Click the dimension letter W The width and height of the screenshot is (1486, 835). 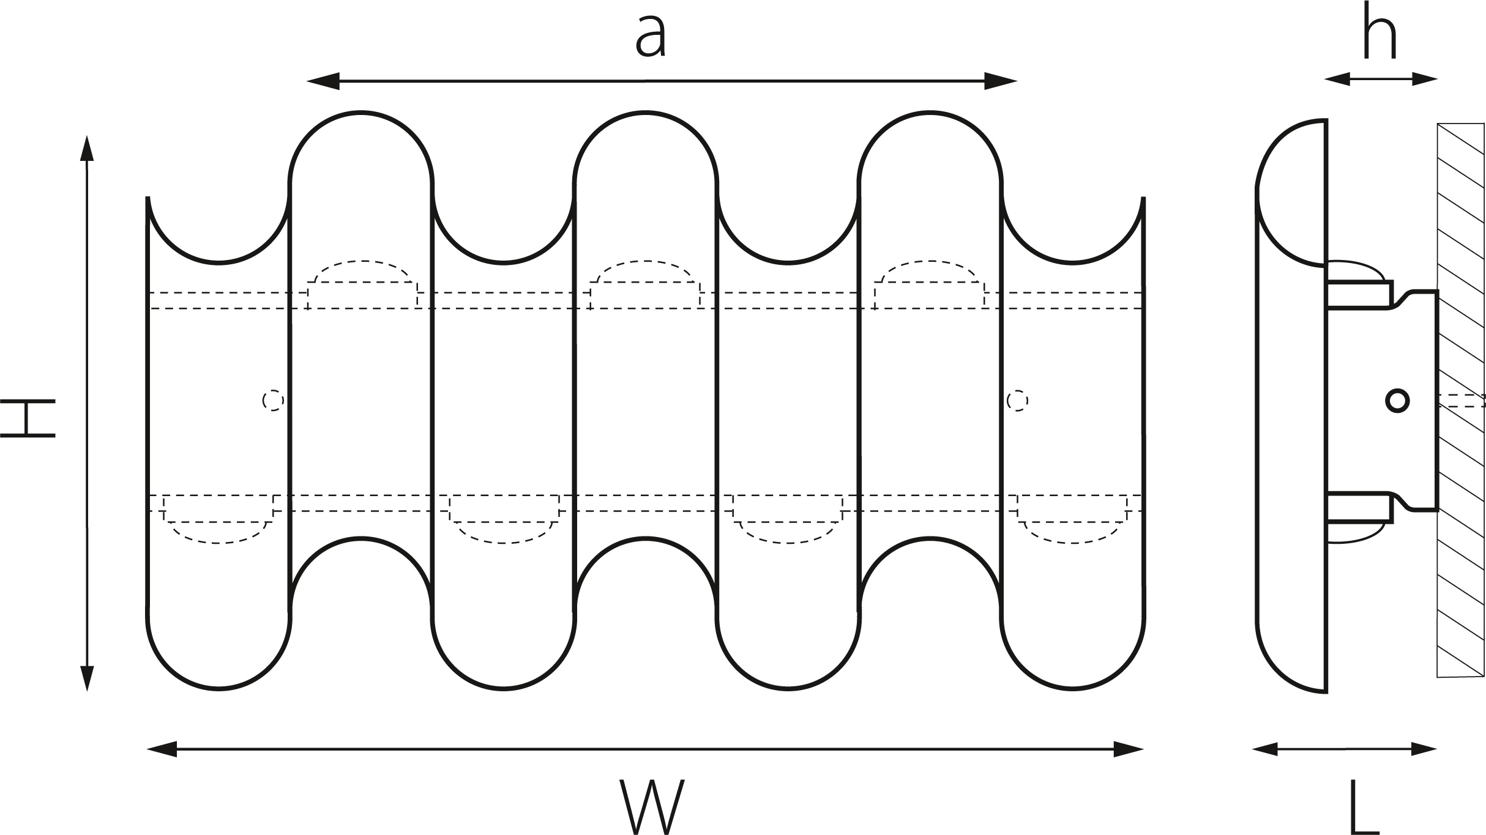[651, 806]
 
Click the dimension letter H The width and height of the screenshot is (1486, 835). [28, 418]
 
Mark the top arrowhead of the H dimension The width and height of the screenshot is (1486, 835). [87, 150]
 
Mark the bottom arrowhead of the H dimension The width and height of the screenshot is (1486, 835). [87, 677]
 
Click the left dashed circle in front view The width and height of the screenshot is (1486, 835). [273, 401]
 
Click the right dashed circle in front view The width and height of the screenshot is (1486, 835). [1017, 401]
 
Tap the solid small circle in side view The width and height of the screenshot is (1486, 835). [1397, 401]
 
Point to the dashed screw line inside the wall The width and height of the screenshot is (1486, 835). [1463, 401]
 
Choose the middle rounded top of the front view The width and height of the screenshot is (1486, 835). [646, 122]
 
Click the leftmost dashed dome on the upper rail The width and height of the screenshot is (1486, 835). [362, 272]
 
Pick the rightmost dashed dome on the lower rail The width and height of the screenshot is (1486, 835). [1072, 531]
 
